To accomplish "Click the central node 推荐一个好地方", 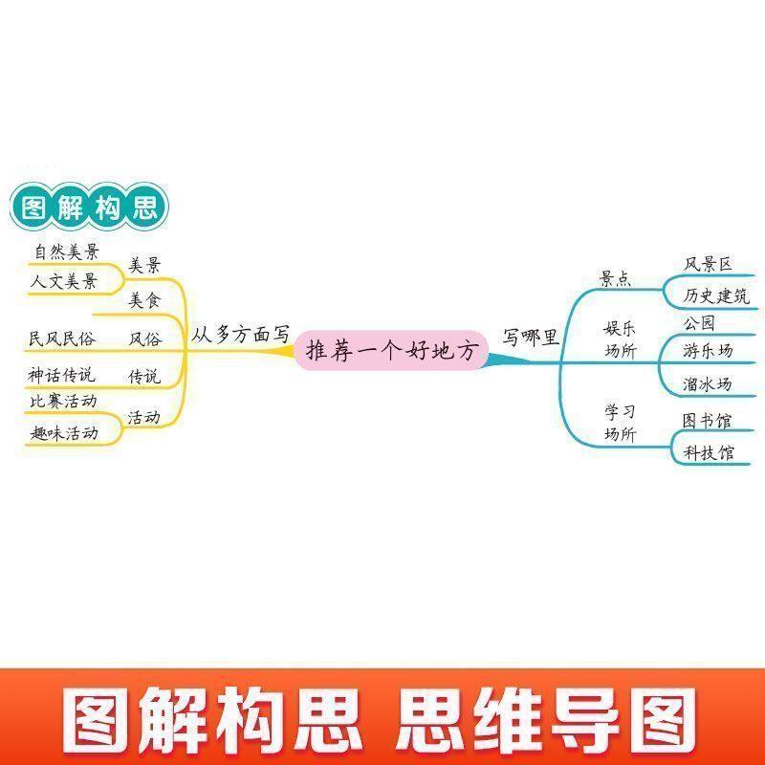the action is [x=390, y=352].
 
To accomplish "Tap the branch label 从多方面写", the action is [x=240, y=336].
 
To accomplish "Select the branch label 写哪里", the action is [x=531, y=336].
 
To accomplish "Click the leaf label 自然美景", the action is [x=66, y=252].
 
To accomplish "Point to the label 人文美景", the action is [x=65, y=281].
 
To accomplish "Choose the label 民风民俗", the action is [x=62, y=339].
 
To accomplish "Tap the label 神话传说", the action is [x=62, y=375].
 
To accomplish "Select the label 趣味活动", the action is [x=64, y=432].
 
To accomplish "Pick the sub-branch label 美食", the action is [x=145, y=301].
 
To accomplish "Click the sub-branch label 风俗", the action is [x=145, y=339].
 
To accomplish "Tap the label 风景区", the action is [x=708, y=264].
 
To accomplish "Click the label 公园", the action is [x=699, y=323].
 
